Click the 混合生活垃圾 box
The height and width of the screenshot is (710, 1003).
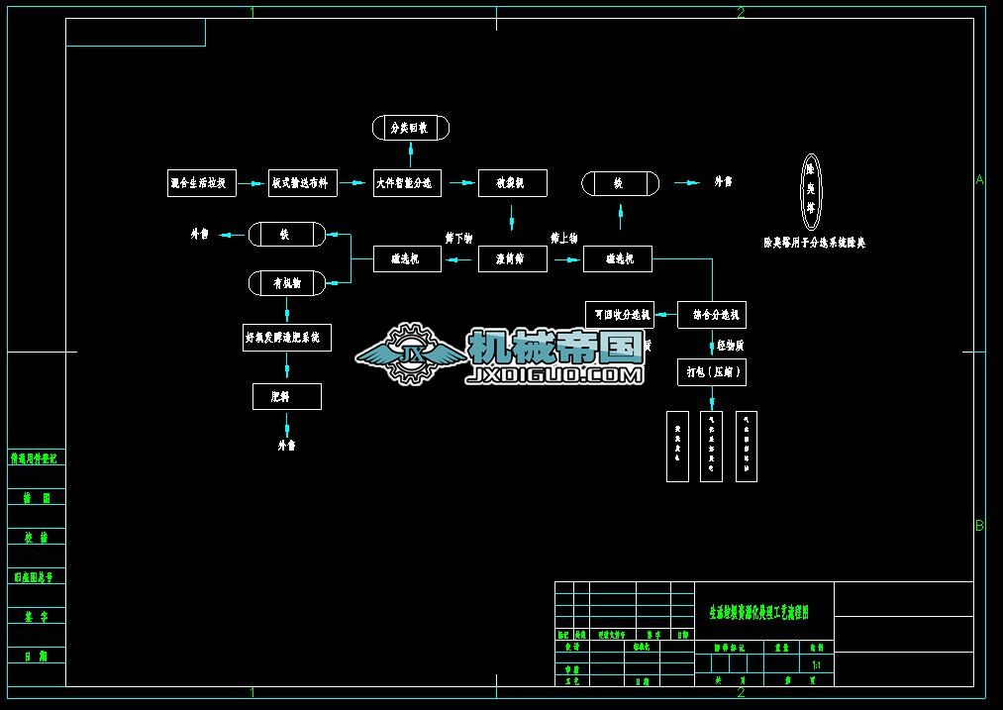202,183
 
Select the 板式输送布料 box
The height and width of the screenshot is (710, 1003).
303,183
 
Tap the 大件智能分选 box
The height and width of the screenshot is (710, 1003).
408,183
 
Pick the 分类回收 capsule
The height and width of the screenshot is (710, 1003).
411,128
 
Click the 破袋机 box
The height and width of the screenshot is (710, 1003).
512,183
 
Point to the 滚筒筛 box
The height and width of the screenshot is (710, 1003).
512,259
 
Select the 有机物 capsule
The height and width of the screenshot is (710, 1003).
286,283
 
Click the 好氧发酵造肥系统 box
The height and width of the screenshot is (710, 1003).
286,338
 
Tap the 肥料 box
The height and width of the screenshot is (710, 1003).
286,397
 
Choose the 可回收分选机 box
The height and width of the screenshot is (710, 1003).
620,314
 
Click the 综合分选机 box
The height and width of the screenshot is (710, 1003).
712,315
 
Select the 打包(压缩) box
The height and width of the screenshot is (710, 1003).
712,372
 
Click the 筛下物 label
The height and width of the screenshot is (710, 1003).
459,239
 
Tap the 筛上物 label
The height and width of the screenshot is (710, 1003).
564,239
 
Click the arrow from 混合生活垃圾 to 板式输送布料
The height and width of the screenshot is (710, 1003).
252,183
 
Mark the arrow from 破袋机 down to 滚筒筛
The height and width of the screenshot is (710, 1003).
512,218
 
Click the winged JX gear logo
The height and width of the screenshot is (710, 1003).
408,353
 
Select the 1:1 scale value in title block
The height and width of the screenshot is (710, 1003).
816,665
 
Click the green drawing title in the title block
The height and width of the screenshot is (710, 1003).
759,614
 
